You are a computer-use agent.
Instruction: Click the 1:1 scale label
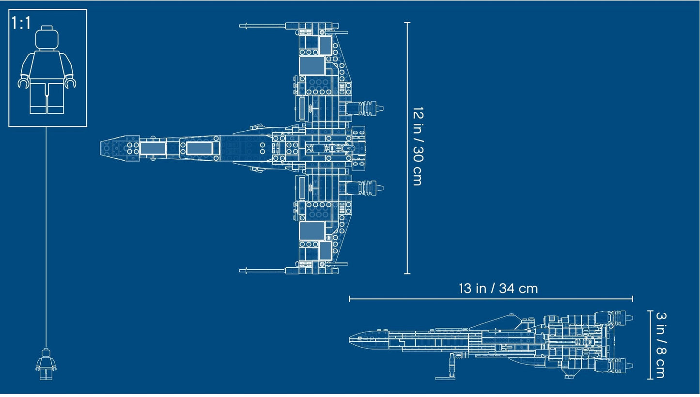coord(21,22)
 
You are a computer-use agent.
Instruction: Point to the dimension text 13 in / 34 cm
coord(498,289)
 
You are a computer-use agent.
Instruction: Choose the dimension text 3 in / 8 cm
coord(660,344)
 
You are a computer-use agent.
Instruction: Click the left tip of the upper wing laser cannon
coord(241,26)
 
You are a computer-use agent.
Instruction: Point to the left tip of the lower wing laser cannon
coord(241,270)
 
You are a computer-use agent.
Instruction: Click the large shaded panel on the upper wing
coord(311,66)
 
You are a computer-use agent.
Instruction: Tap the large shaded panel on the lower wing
coord(311,230)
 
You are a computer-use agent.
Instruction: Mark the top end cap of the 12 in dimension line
coord(407,23)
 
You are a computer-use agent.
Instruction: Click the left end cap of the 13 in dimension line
coord(349,299)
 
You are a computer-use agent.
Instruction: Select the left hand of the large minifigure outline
coord(23,83)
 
